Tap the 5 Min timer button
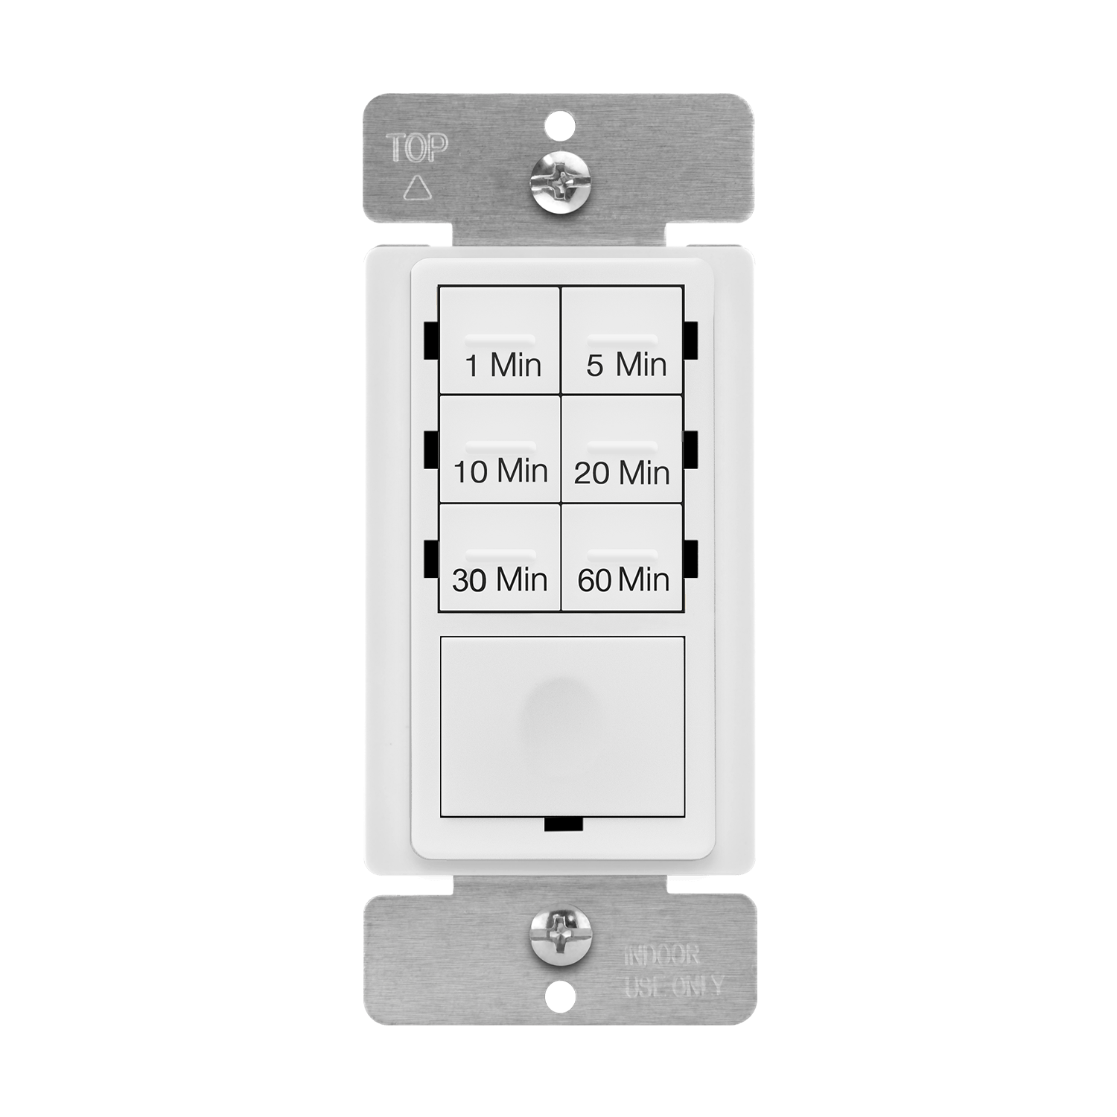622,340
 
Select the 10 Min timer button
500,449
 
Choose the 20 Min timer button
622,449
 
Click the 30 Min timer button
500,558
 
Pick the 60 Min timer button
622,558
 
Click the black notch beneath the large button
563,824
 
